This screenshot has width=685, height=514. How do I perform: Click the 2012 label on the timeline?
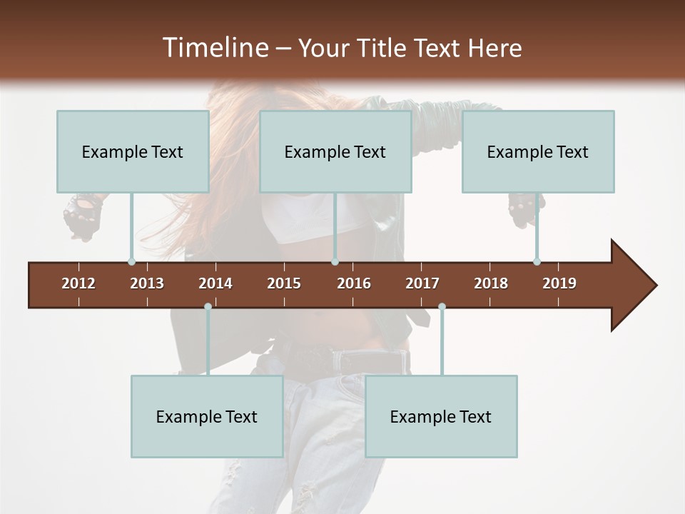[78, 283]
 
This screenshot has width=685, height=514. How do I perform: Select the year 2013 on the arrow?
[147, 283]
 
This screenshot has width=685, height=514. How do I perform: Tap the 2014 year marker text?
[215, 283]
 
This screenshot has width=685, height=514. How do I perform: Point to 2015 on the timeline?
[284, 283]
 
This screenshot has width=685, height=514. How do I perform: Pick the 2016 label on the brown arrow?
[354, 283]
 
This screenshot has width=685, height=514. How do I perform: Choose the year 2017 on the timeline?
[422, 283]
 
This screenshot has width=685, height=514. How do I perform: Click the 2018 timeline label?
[491, 283]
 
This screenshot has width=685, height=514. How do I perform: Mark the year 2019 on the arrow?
[559, 283]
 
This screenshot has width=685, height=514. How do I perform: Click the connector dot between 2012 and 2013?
[131, 261]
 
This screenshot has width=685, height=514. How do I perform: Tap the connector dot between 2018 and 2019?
[537, 261]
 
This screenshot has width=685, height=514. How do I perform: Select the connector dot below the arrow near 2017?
[442, 307]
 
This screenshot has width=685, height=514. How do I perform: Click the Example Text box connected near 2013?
[133, 152]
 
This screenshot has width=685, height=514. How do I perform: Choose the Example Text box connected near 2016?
[335, 152]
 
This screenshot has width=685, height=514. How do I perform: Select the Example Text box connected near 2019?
[538, 152]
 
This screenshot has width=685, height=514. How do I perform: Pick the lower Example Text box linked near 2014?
[207, 417]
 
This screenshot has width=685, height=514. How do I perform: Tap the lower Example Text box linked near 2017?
[441, 417]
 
